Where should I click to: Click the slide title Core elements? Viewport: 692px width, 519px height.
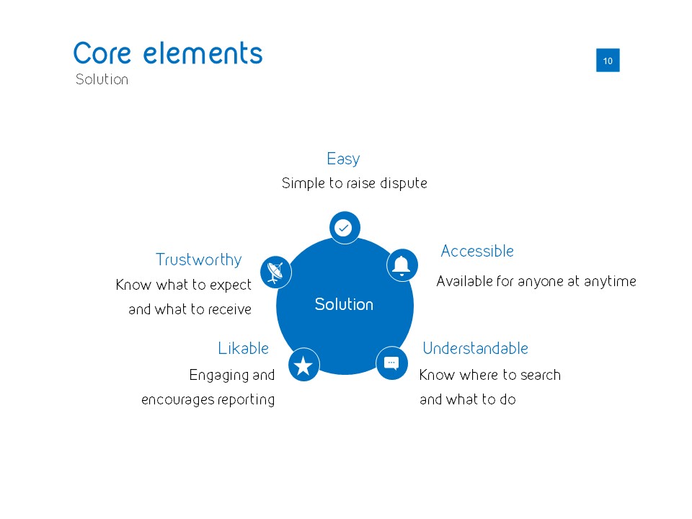pyautogui.click(x=168, y=53)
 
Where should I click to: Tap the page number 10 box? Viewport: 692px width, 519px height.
pyautogui.click(x=608, y=61)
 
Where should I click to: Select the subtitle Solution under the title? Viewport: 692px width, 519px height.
pyautogui.click(x=102, y=79)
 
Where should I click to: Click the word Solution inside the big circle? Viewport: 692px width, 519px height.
pyautogui.click(x=344, y=305)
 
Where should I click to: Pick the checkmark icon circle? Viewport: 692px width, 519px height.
pyautogui.click(x=345, y=228)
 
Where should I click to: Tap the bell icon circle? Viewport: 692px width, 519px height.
pyautogui.click(x=402, y=265)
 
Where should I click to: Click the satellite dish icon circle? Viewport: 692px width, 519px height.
pyautogui.click(x=275, y=272)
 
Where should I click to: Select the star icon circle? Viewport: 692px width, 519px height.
pyautogui.click(x=303, y=365)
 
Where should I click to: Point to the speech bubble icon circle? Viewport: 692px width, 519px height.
pyautogui.click(x=391, y=363)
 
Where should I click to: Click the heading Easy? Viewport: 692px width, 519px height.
pyautogui.click(x=343, y=159)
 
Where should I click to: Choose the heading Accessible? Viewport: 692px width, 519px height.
pyautogui.click(x=477, y=251)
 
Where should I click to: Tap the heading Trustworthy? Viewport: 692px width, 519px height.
pyautogui.click(x=198, y=259)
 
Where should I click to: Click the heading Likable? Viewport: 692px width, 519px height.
pyautogui.click(x=243, y=348)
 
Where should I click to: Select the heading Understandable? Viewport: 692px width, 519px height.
pyautogui.click(x=475, y=348)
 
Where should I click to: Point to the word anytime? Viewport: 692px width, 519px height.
pyautogui.click(x=610, y=281)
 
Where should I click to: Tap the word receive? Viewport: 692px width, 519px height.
pyautogui.click(x=229, y=310)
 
